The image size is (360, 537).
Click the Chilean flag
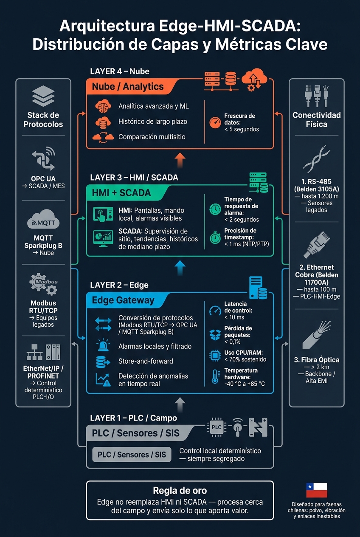(317, 490)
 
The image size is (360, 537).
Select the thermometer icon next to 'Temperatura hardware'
(215, 376)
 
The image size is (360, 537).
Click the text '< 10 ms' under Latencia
(234, 317)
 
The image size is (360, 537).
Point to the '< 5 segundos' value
(242, 129)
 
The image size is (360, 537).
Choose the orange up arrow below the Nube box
(180, 160)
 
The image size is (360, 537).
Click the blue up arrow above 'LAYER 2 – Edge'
(180, 268)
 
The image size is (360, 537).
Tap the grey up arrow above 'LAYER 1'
(180, 405)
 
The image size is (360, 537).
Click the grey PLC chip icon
(217, 427)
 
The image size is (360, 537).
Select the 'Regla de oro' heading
(180, 490)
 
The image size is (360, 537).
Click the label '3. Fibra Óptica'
(317, 359)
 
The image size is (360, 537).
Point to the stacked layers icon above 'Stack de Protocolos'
(43, 96)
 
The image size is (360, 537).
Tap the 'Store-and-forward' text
(146, 361)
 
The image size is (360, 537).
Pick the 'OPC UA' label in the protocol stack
(43, 178)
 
